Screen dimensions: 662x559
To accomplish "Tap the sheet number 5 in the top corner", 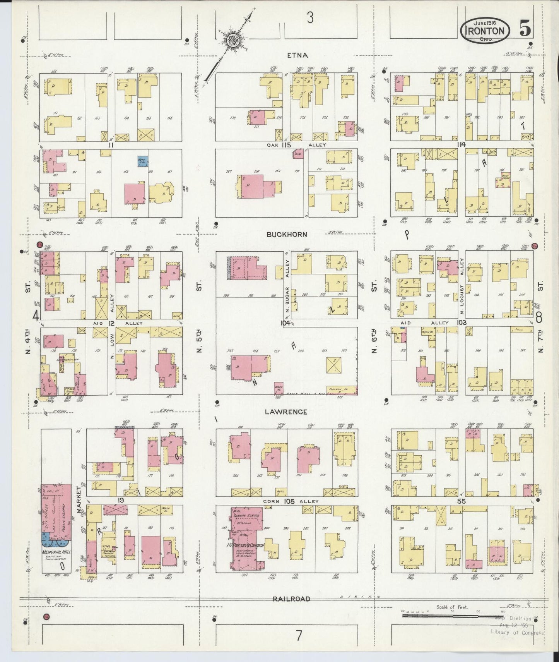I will tap(525, 30).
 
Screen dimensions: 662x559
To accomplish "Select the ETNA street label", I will tap(297, 55).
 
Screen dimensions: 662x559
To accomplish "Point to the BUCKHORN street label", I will tap(287, 235).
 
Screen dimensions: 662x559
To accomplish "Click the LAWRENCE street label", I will tap(286, 412).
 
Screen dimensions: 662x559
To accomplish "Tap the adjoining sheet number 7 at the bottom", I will tap(298, 635).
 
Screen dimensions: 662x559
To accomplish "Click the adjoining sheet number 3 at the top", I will tap(309, 17).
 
